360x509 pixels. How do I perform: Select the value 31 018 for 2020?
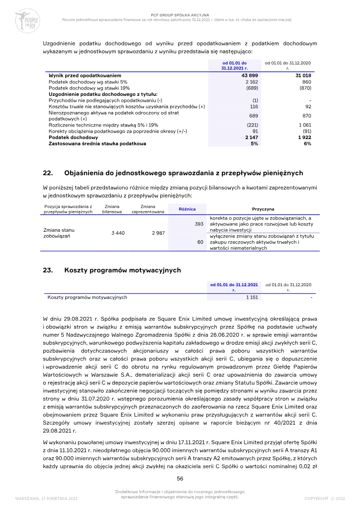(303, 76)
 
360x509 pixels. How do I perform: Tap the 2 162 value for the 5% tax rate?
(252, 82)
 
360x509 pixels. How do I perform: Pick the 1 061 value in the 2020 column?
(305, 125)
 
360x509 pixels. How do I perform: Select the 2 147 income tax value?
(251, 137)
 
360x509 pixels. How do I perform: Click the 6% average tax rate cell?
(307, 144)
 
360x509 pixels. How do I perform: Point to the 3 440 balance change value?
(118, 233)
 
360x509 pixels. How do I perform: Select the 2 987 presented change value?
(158, 233)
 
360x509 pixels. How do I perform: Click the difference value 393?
(199, 224)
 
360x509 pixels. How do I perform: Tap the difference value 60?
(201, 242)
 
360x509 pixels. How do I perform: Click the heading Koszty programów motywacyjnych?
(122, 270)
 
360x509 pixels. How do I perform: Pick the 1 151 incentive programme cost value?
(252, 297)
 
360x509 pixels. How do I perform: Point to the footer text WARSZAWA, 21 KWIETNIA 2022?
(46, 498)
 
